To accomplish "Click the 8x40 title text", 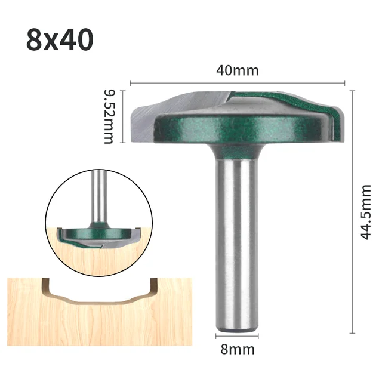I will [x=60, y=40].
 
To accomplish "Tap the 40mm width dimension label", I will [x=237, y=70].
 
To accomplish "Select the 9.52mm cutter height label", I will [x=109, y=116].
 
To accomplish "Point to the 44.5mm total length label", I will [x=365, y=211].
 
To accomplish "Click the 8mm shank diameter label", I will [x=238, y=349].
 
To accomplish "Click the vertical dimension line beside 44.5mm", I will [x=352, y=211].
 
